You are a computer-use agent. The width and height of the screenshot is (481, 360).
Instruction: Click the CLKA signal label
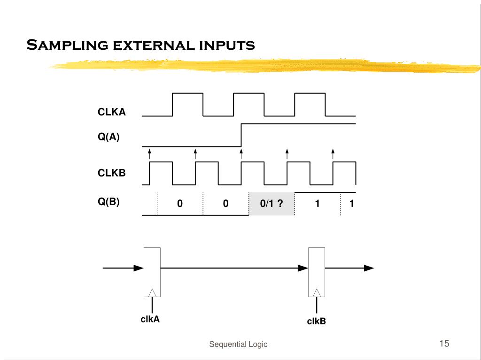pyautogui.click(x=111, y=112)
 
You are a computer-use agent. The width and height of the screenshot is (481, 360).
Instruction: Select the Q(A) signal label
pyautogui.click(x=109, y=138)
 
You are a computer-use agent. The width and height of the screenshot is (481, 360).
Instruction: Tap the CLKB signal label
pyautogui.click(x=111, y=173)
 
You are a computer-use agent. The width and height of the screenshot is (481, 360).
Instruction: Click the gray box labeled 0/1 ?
pyautogui.click(x=272, y=204)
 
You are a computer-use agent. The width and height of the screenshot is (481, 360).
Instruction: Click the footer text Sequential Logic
pyautogui.click(x=238, y=345)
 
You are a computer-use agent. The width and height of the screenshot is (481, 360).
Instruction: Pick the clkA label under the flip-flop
pyautogui.click(x=150, y=320)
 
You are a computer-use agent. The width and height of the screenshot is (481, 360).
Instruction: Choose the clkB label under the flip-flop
pyautogui.click(x=316, y=322)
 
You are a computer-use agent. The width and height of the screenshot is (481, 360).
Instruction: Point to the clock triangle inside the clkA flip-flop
pyautogui.click(x=152, y=292)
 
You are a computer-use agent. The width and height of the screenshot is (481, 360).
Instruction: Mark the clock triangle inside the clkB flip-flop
pyautogui.click(x=317, y=292)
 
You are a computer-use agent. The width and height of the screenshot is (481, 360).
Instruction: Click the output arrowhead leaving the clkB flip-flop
pyautogui.click(x=369, y=268)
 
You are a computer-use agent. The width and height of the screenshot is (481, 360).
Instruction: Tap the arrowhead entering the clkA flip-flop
pyautogui.click(x=139, y=268)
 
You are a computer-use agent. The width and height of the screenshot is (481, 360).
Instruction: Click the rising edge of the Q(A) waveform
pyautogui.click(x=241, y=135)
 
